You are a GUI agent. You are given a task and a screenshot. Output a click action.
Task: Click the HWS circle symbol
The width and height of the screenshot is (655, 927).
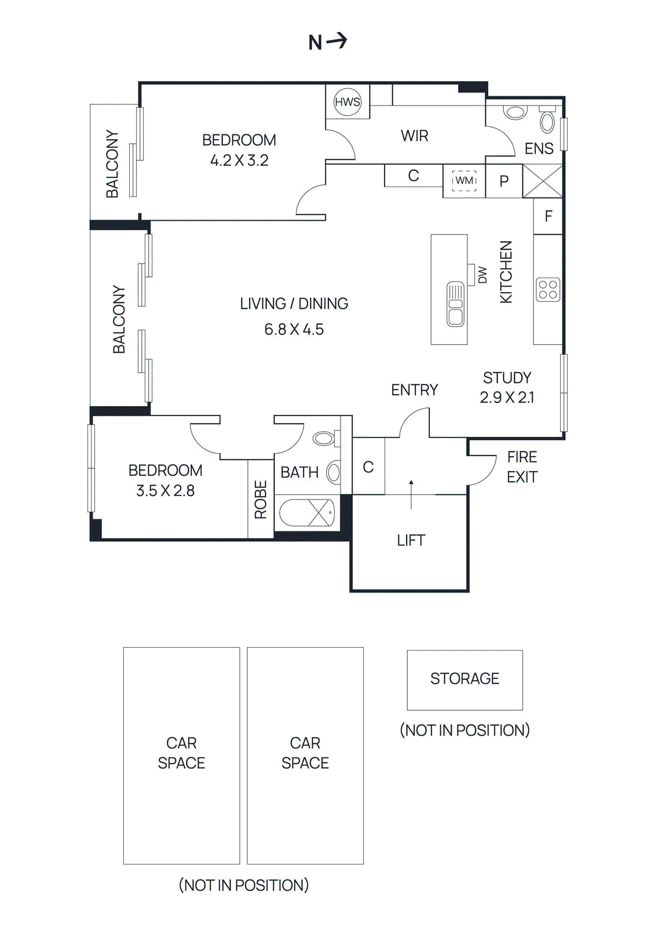pyautogui.click(x=347, y=102)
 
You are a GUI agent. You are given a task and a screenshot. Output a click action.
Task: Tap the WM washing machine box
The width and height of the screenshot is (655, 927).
pyautogui.click(x=464, y=181)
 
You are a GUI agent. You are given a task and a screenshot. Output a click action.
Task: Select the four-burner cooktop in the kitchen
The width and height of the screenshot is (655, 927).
pyautogui.click(x=548, y=290)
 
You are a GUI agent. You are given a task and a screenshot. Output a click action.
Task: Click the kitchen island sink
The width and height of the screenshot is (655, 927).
pyautogui.click(x=456, y=304)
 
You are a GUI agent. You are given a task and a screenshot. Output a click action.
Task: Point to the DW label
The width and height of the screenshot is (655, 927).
pyautogui.click(x=482, y=275)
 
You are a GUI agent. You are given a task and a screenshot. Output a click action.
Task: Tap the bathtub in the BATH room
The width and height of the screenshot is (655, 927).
pyautogui.click(x=307, y=513)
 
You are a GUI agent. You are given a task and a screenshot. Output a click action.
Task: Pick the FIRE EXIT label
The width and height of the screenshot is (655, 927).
pyautogui.click(x=522, y=467)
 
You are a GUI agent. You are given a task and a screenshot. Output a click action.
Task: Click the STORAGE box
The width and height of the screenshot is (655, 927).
pyautogui.click(x=464, y=679)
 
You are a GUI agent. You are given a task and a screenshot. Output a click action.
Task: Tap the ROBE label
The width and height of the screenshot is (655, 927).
pyautogui.click(x=261, y=499)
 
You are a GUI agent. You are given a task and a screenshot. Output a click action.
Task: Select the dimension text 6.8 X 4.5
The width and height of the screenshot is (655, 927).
pyautogui.click(x=294, y=330)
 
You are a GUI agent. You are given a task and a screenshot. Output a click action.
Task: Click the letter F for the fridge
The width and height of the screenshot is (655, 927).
pyautogui.click(x=548, y=217)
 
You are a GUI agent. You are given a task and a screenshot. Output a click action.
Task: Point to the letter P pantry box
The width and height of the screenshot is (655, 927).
pyautogui.click(x=504, y=181)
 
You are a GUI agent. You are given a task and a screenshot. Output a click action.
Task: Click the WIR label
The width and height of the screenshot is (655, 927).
pyautogui.click(x=415, y=136)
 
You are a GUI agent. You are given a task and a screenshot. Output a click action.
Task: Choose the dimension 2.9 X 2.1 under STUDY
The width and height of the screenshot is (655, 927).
pyautogui.click(x=507, y=397)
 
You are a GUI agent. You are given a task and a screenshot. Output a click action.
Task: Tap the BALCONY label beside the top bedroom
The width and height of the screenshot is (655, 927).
pyautogui.click(x=112, y=164)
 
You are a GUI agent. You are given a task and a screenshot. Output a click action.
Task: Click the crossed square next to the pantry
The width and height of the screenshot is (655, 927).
pyautogui.click(x=543, y=181)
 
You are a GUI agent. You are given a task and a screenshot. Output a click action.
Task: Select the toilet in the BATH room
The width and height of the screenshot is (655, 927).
pyautogui.click(x=324, y=439)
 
